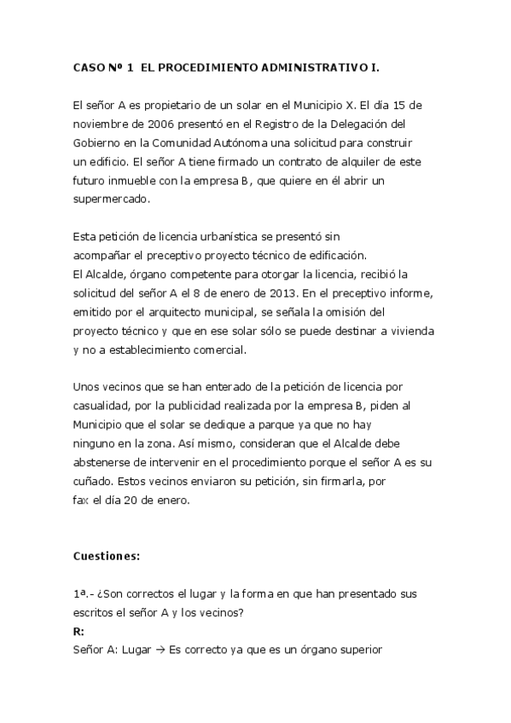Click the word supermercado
pos(112,199)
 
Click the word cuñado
pos(93,480)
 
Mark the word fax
pos(81,499)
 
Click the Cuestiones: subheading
pos(107,556)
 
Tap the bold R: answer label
pos(78,631)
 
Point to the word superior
pos(362,650)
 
